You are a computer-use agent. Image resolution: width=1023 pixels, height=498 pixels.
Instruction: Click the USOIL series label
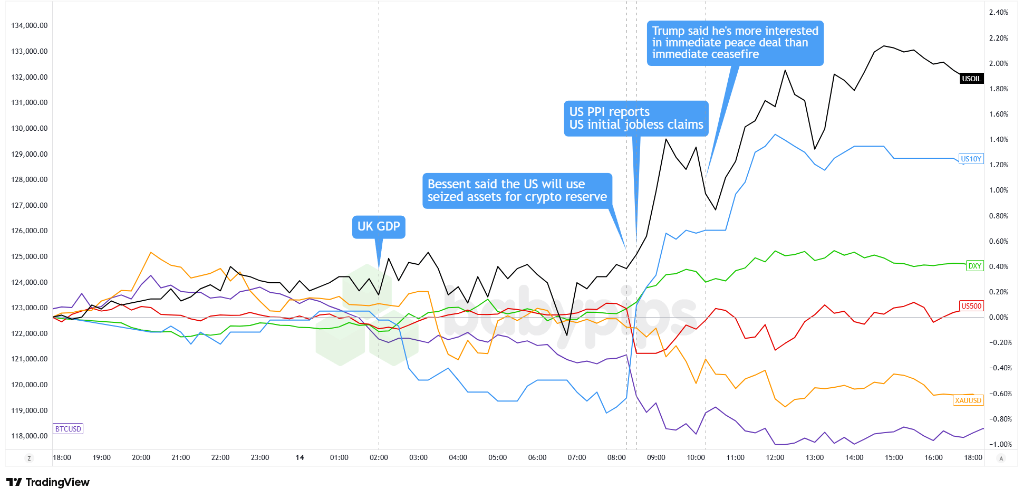click(x=971, y=79)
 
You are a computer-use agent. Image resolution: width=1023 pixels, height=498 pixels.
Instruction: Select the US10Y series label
click(x=971, y=159)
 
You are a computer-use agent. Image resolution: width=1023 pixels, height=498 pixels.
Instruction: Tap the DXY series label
click(x=974, y=266)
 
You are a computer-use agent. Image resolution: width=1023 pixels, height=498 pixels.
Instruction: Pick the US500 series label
click(x=971, y=306)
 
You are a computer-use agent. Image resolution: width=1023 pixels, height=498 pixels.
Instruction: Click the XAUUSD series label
click(x=968, y=400)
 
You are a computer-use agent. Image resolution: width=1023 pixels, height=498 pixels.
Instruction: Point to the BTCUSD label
click(x=68, y=429)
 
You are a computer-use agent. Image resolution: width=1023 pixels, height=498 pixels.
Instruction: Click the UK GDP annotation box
click(x=379, y=227)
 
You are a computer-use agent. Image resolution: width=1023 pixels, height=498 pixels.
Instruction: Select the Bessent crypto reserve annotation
click(x=517, y=190)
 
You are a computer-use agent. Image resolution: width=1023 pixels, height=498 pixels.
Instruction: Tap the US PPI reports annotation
click(x=636, y=118)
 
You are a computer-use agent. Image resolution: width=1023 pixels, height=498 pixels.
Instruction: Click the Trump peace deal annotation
click(x=735, y=43)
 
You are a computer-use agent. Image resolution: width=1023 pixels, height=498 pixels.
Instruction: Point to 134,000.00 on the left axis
click(x=30, y=25)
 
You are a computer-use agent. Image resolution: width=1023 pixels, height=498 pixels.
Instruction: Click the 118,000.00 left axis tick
click(x=30, y=436)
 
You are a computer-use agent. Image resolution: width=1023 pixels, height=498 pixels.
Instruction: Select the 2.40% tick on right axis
click(x=998, y=12)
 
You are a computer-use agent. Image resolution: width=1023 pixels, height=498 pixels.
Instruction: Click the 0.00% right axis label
click(x=998, y=317)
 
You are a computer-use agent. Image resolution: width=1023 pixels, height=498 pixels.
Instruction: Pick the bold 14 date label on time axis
click(x=300, y=457)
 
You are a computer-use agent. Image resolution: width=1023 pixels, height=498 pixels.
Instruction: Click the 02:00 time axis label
click(x=379, y=457)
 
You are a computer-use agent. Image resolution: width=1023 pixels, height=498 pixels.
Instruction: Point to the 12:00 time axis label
click(x=775, y=457)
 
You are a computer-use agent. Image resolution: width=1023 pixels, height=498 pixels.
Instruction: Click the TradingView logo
click(x=48, y=482)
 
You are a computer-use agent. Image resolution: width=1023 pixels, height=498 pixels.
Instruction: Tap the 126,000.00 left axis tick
click(x=30, y=231)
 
